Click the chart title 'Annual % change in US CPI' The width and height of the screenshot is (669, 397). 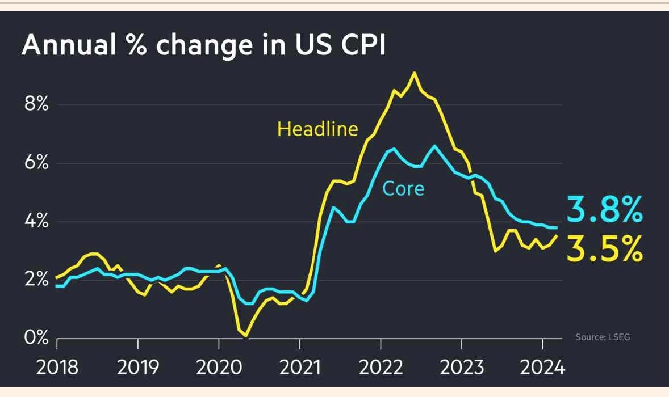pos(203,45)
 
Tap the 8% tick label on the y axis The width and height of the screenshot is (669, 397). pos(35,105)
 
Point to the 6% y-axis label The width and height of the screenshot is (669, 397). pos(35,163)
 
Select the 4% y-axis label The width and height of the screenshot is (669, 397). pos(35,222)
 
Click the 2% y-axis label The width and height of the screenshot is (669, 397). pos(35,280)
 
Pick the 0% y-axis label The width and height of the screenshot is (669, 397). pos(35,338)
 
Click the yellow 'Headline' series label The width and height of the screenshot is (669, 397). pos(317,129)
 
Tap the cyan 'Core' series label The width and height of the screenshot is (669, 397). pos(403,188)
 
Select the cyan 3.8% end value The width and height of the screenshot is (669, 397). pos(605,210)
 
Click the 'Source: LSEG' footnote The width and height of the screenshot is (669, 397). pos(603,337)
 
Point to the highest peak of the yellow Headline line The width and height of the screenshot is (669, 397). pos(414,73)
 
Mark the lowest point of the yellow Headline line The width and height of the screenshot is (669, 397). pos(245,336)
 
